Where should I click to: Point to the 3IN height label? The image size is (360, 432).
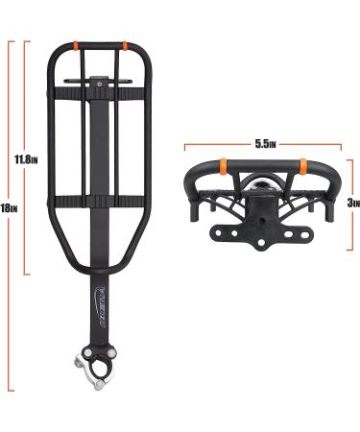click(352, 203)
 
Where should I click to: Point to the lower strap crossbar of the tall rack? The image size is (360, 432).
click(99, 201)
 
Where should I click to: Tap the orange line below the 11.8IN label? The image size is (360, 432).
click(29, 221)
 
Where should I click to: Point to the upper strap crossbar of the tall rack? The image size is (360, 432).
click(99, 92)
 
